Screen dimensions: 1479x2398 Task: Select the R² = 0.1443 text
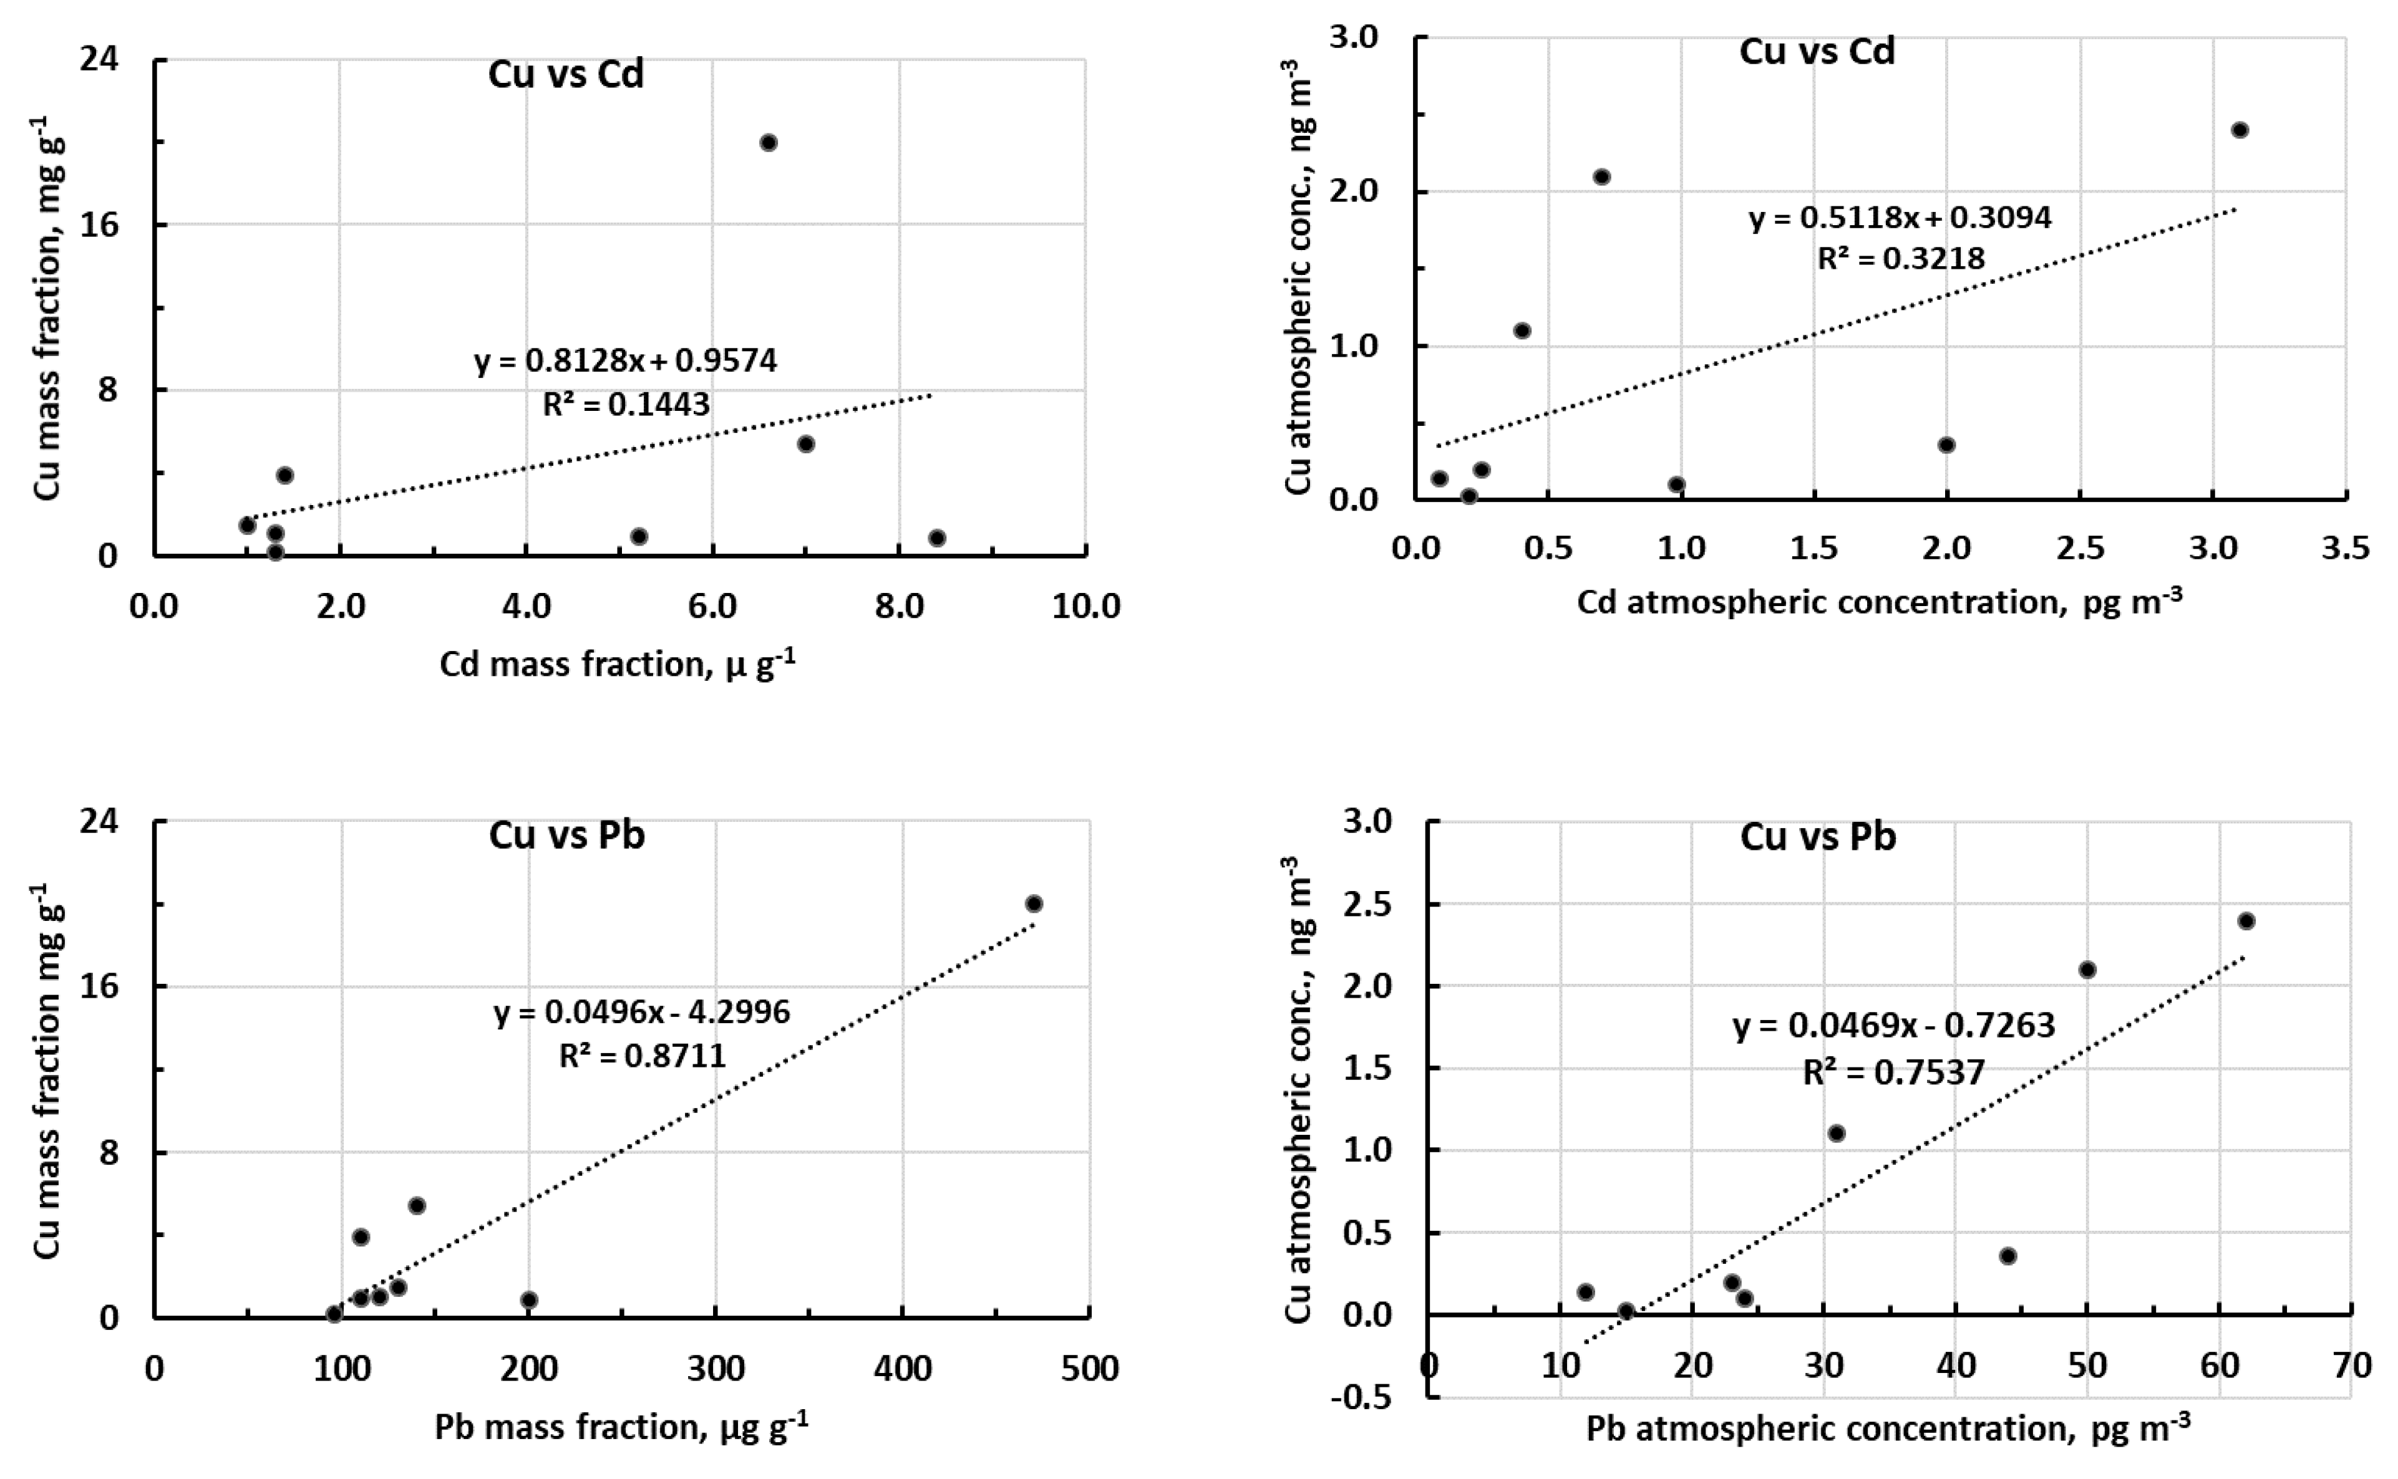pyautogui.click(x=626, y=404)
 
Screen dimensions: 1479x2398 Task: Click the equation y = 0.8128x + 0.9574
pyautogui.click(x=626, y=361)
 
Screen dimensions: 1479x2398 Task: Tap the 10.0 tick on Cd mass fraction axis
pyautogui.click(x=1086, y=607)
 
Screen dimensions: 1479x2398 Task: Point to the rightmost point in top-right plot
pyautogui.click(x=2240, y=130)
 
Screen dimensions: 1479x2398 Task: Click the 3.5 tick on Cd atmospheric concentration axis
pyautogui.click(x=2345, y=548)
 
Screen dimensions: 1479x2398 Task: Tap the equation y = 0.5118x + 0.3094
pyautogui.click(x=1900, y=217)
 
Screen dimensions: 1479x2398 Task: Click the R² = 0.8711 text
pyautogui.click(x=643, y=1056)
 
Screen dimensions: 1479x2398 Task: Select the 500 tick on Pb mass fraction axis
pyautogui.click(x=1089, y=1367)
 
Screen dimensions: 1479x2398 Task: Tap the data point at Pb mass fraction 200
pyautogui.click(x=529, y=1300)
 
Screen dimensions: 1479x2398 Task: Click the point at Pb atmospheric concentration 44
pyautogui.click(x=2007, y=1256)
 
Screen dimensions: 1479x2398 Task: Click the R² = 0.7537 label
pyautogui.click(x=1894, y=1072)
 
